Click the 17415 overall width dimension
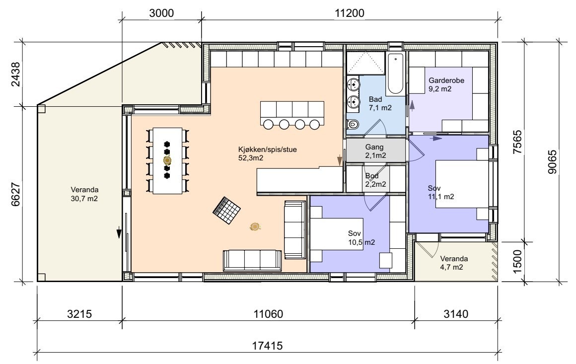[267, 346]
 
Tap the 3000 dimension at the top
[161, 13]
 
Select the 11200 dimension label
[350, 13]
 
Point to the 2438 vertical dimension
[16, 74]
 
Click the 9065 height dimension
[552, 161]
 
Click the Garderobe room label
[446, 80]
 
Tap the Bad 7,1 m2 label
[380, 104]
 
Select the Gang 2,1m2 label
[375, 151]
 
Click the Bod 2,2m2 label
[375, 180]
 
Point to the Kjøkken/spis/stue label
[268, 150]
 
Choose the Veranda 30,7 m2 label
[84, 194]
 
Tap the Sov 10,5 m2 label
[361, 238]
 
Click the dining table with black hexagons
[167, 160]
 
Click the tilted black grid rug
[227, 211]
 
